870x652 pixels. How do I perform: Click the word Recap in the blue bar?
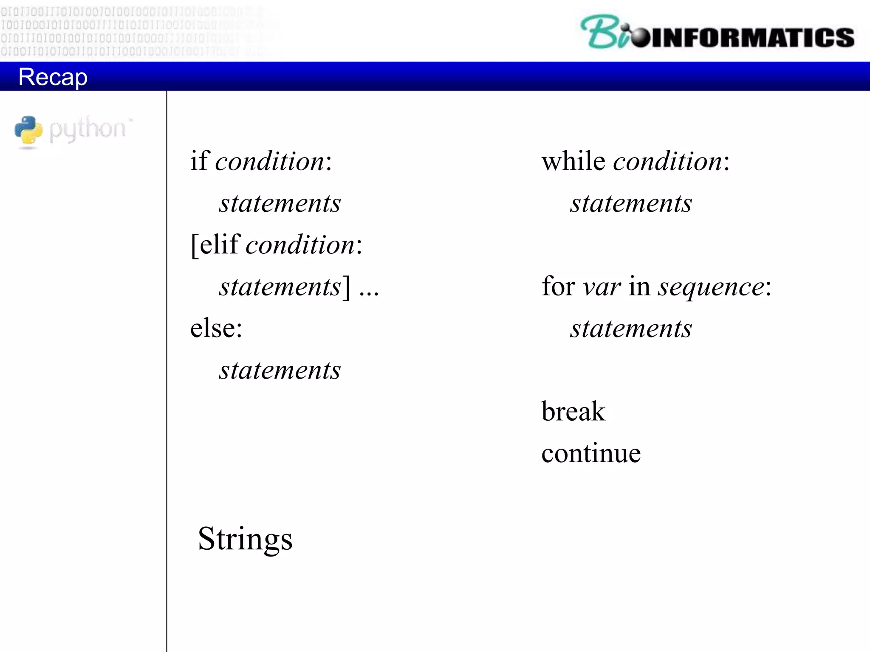coord(53,77)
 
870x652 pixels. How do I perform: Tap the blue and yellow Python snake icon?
coord(28,130)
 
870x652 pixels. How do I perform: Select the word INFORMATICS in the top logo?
coord(751,37)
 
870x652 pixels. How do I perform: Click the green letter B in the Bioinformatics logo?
coord(599,32)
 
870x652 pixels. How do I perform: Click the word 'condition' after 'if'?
coord(270,162)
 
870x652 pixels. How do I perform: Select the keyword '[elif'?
coord(215,245)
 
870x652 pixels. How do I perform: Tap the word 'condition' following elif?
coord(300,245)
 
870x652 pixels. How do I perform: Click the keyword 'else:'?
coord(216,328)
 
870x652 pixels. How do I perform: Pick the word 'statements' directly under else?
coord(280,370)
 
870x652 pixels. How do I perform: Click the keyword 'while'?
coord(573,161)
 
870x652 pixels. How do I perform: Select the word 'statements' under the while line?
coord(631,203)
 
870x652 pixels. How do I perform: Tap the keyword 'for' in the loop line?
coord(558,286)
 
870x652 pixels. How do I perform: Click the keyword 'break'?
coord(573,411)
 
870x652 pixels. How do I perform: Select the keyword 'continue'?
coord(591,453)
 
